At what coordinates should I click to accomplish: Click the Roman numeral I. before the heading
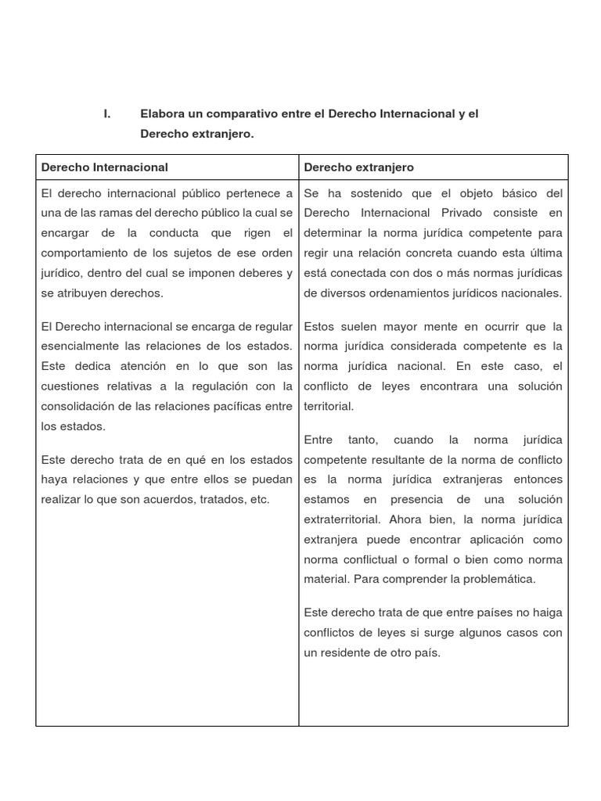pos(107,114)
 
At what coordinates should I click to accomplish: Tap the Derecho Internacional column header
pos(104,167)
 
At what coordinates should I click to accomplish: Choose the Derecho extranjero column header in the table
pos(358,167)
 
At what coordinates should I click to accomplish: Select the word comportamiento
pos(88,253)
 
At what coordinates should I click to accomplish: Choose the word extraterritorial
pos(341,519)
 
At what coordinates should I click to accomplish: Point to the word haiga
pos(546,612)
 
